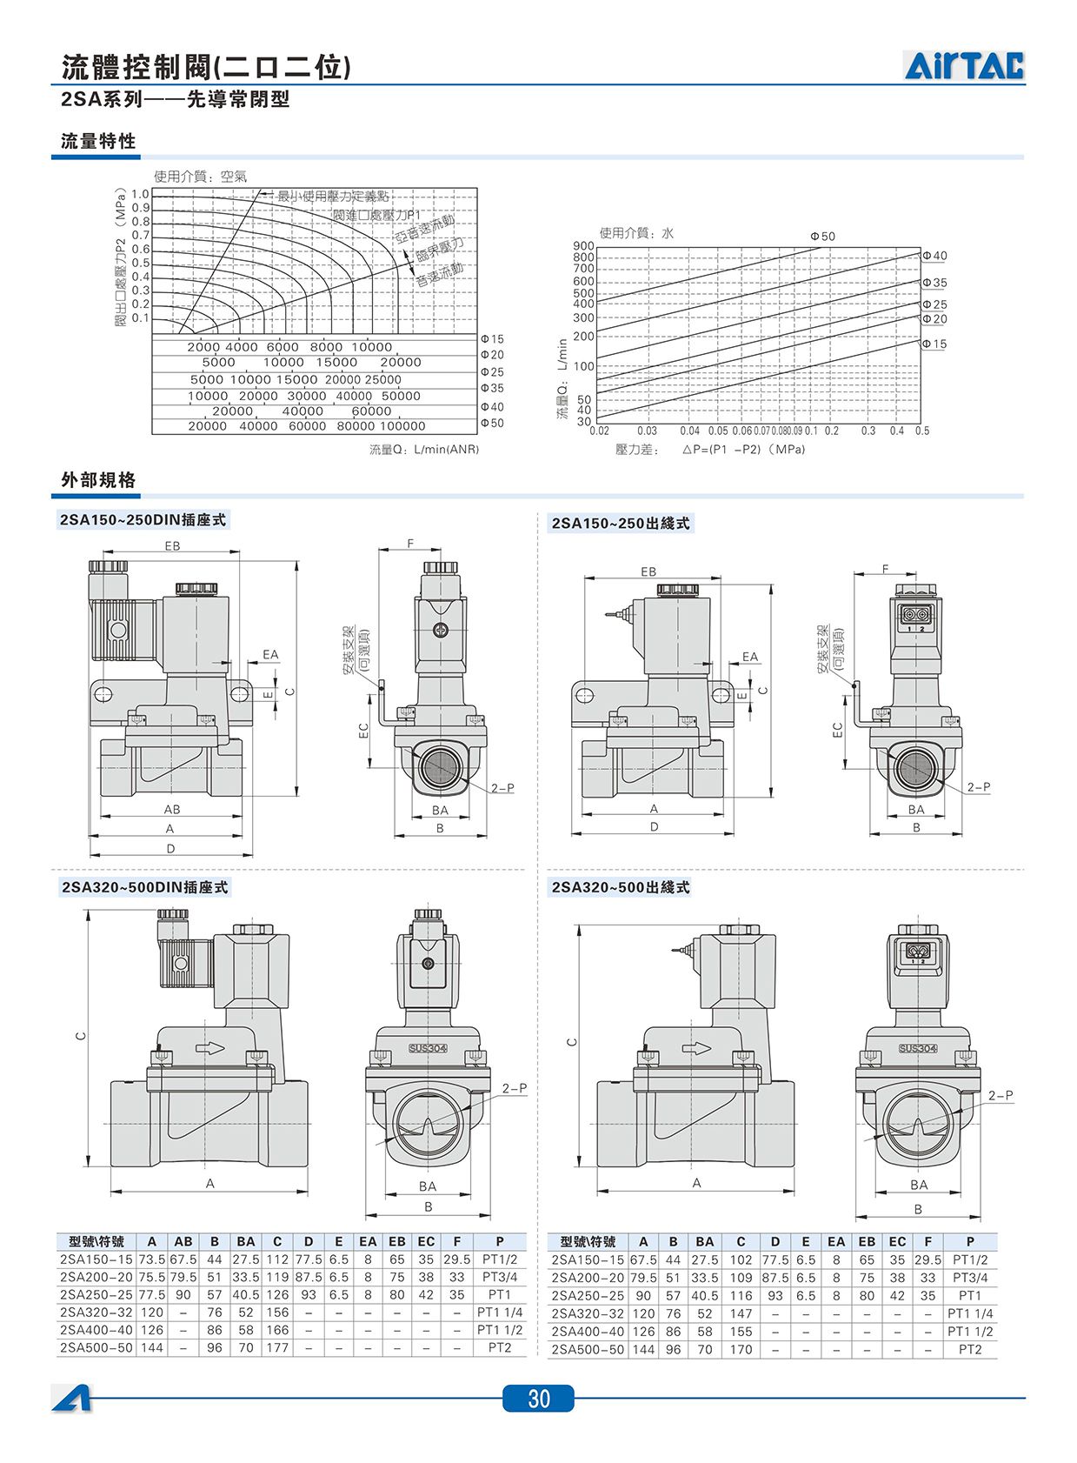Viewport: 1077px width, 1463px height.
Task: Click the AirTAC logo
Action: [964, 66]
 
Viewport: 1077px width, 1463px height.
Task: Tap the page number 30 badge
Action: [538, 1398]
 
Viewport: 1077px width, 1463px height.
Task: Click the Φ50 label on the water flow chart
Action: [821, 237]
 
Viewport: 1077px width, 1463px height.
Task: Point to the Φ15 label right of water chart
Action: [934, 344]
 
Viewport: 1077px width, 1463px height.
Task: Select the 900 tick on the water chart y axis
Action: [583, 246]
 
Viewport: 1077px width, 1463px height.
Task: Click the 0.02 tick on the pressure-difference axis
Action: [600, 431]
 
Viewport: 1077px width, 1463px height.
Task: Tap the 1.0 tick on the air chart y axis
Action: [140, 194]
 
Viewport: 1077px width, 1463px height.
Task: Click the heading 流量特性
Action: [98, 142]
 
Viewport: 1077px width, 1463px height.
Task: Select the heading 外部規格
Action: [98, 480]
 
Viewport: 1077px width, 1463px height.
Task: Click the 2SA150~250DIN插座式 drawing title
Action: [143, 520]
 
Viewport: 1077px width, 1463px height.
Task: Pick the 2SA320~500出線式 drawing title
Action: [621, 887]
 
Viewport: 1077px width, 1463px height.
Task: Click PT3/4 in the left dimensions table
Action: [500, 1277]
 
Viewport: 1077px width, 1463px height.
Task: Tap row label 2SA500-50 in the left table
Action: [96, 1347]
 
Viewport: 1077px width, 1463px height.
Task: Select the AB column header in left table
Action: [183, 1242]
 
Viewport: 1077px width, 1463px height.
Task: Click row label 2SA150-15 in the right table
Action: [588, 1259]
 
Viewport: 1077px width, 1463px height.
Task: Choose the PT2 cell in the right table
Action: [970, 1349]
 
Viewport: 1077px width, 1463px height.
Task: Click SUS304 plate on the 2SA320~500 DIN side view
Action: [428, 1048]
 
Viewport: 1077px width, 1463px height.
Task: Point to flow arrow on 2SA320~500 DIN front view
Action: [209, 1047]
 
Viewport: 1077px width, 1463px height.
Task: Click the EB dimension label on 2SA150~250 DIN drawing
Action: [172, 546]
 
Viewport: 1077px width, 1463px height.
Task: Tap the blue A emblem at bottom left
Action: [71, 1398]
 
